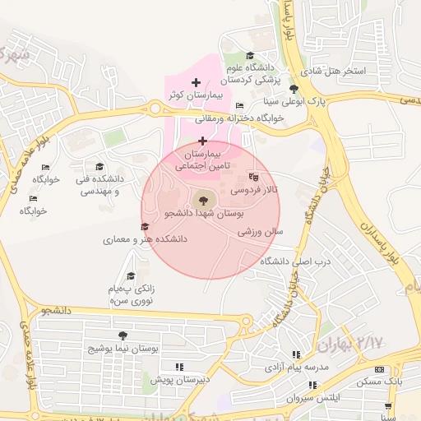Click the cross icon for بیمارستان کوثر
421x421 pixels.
click(196, 82)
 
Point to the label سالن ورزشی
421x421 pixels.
click(261, 233)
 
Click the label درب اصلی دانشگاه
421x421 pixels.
click(294, 261)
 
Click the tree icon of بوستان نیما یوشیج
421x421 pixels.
click(123, 335)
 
